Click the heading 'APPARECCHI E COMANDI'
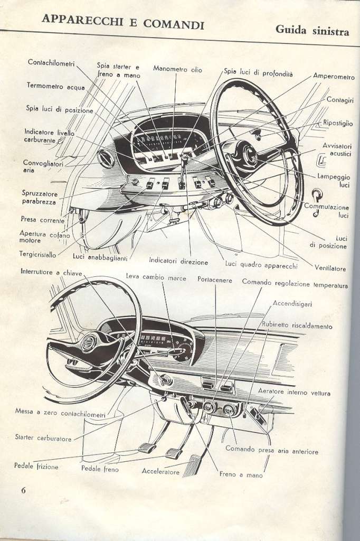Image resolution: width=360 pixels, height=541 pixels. (x=123, y=22)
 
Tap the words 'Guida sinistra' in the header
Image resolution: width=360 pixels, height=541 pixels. (x=312, y=30)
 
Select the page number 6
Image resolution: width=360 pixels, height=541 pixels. (x=23, y=490)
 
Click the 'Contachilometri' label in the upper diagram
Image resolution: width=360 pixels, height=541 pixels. (x=51, y=63)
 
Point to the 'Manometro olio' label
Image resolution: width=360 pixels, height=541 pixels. (x=177, y=69)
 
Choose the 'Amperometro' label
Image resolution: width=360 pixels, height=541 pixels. (x=334, y=77)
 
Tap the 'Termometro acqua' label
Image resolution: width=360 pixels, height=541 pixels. (x=55, y=86)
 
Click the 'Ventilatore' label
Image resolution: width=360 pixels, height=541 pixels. (x=330, y=268)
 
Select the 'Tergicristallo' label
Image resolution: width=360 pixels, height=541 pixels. (x=37, y=254)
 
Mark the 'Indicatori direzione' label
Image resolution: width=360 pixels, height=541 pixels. (x=178, y=261)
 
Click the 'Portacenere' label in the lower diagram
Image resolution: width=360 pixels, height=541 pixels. (x=214, y=280)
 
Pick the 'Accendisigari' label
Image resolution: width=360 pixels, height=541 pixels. (x=292, y=304)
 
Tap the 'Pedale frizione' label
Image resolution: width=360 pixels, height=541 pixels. (x=36, y=466)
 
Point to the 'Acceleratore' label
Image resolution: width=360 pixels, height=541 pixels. (x=160, y=471)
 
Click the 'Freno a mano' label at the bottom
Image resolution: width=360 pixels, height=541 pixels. (x=241, y=475)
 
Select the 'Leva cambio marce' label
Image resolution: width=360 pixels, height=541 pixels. (x=156, y=277)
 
